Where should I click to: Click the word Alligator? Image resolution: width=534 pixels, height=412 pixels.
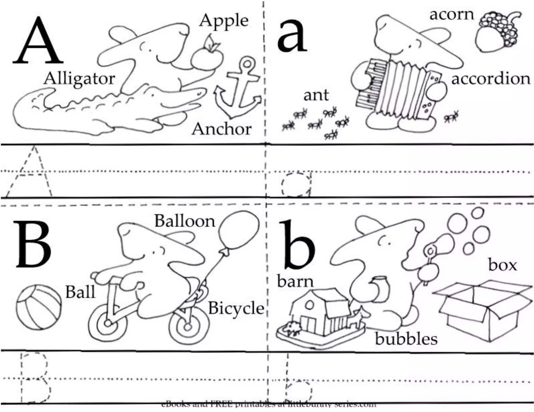[79, 79]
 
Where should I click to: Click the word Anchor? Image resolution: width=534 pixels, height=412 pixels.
[221, 129]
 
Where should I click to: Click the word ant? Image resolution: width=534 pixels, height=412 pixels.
[316, 95]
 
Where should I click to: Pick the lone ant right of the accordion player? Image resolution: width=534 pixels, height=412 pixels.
[451, 116]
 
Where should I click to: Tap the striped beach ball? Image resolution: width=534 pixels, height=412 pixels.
[39, 307]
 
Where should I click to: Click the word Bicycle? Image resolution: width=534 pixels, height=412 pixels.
[236, 309]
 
